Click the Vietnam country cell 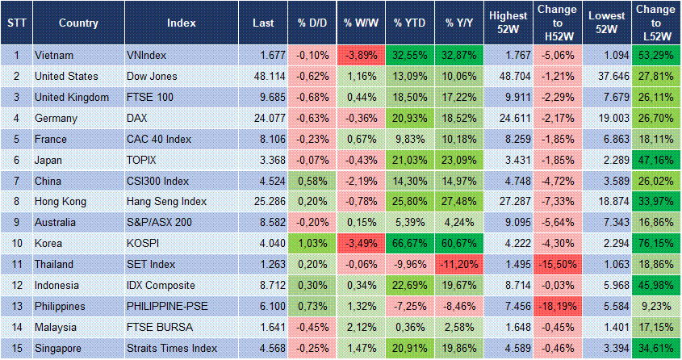(55, 56)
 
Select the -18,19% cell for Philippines (558, 307)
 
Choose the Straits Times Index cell (172, 348)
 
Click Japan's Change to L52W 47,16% (655, 160)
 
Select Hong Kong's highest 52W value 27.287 (509, 200)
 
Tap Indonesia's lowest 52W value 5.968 (606, 285)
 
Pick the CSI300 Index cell (159, 180)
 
